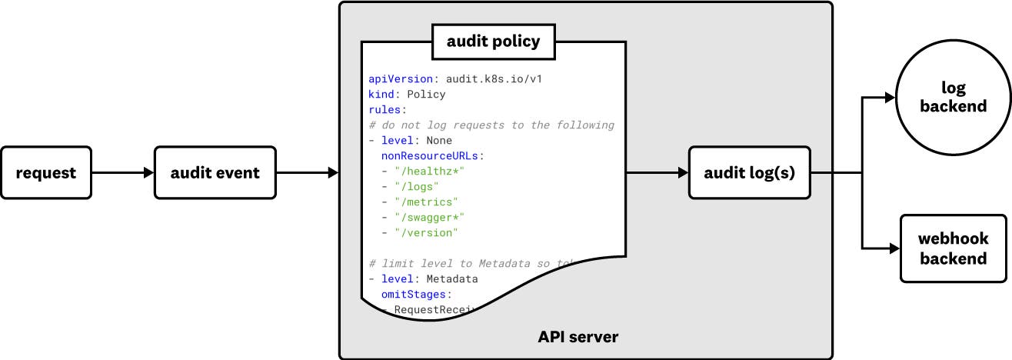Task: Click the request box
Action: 46,173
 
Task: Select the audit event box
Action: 215,173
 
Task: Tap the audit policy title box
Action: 494,42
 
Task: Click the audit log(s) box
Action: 749,173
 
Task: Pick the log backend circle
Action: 953,97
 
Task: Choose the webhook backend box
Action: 953,248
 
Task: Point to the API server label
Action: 578,337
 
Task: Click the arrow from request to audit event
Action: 123,173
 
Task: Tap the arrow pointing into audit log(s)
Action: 657,173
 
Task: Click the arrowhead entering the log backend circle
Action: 890,98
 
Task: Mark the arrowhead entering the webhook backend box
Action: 894,248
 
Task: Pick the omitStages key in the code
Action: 416,294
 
